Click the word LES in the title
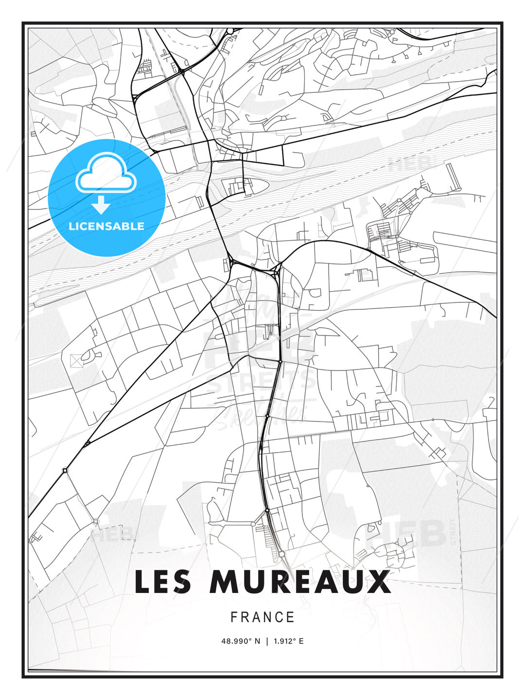click(x=163, y=582)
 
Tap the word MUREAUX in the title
click(x=300, y=582)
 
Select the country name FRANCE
click(x=262, y=617)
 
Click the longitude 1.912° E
click(x=288, y=641)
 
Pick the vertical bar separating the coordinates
click(x=266, y=641)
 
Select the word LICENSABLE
click(x=106, y=226)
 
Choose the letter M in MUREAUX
click(x=224, y=582)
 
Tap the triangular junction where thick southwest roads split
click(x=87, y=443)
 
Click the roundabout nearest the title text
click(x=281, y=554)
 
